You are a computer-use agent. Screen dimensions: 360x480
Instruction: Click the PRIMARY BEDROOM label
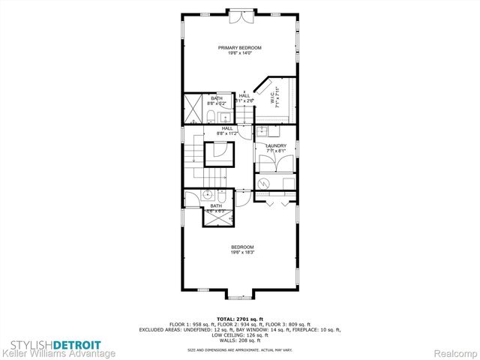(x=240, y=49)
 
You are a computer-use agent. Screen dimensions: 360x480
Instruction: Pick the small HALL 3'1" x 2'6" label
(x=245, y=97)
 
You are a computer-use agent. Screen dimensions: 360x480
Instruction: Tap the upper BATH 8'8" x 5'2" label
(x=217, y=100)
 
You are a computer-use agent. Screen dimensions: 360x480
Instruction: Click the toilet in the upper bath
(x=211, y=115)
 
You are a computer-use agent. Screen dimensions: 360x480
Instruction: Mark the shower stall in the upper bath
(x=193, y=106)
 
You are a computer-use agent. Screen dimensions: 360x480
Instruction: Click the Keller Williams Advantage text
(x=58, y=352)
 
